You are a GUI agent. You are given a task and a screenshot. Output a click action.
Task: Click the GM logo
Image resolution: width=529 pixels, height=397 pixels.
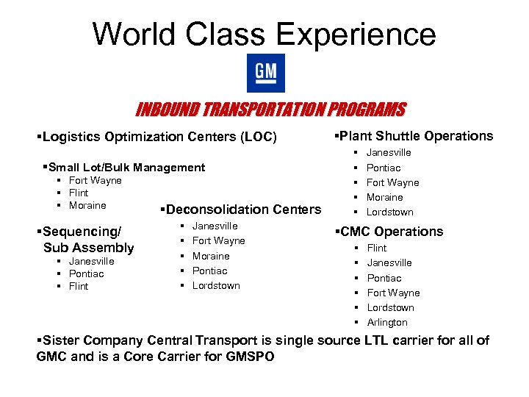pyautogui.click(x=265, y=73)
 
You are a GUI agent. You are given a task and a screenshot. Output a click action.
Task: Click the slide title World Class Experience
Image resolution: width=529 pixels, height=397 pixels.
pyautogui.click(x=264, y=34)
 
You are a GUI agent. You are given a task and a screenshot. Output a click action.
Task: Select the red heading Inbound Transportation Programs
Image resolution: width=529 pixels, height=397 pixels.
pyautogui.click(x=270, y=110)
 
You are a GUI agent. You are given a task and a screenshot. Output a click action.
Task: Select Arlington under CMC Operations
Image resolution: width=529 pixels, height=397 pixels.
pyautogui.click(x=387, y=323)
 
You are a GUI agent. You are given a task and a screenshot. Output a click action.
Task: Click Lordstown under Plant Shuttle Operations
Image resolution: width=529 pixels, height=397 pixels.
pyautogui.click(x=390, y=212)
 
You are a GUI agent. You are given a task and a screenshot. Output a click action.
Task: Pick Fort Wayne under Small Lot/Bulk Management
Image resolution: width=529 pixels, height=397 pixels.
pyautogui.click(x=95, y=181)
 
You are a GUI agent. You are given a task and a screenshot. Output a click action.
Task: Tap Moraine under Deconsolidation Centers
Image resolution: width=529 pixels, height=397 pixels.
pyautogui.click(x=211, y=256)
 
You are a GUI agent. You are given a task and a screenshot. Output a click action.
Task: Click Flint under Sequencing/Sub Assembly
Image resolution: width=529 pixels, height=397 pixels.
pyautogui.click(x=79, y=287)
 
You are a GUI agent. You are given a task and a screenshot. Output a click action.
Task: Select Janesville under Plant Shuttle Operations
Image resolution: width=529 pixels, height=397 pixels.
pyautogui.click(x=389, y=153)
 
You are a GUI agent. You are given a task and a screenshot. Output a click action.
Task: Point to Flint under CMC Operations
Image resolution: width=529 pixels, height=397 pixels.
pyautogui.click(x=377, y=248)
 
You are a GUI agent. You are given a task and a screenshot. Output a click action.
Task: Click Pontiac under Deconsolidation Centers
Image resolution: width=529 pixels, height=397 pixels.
pyautogui.click(x=209, y=271)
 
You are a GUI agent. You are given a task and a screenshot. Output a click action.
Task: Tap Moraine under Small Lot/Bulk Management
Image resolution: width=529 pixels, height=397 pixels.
pyautogui.click(x=87, y=206)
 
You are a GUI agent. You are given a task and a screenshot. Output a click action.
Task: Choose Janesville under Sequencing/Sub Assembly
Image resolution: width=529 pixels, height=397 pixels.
pyautogui.click(x=91, y=262)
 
